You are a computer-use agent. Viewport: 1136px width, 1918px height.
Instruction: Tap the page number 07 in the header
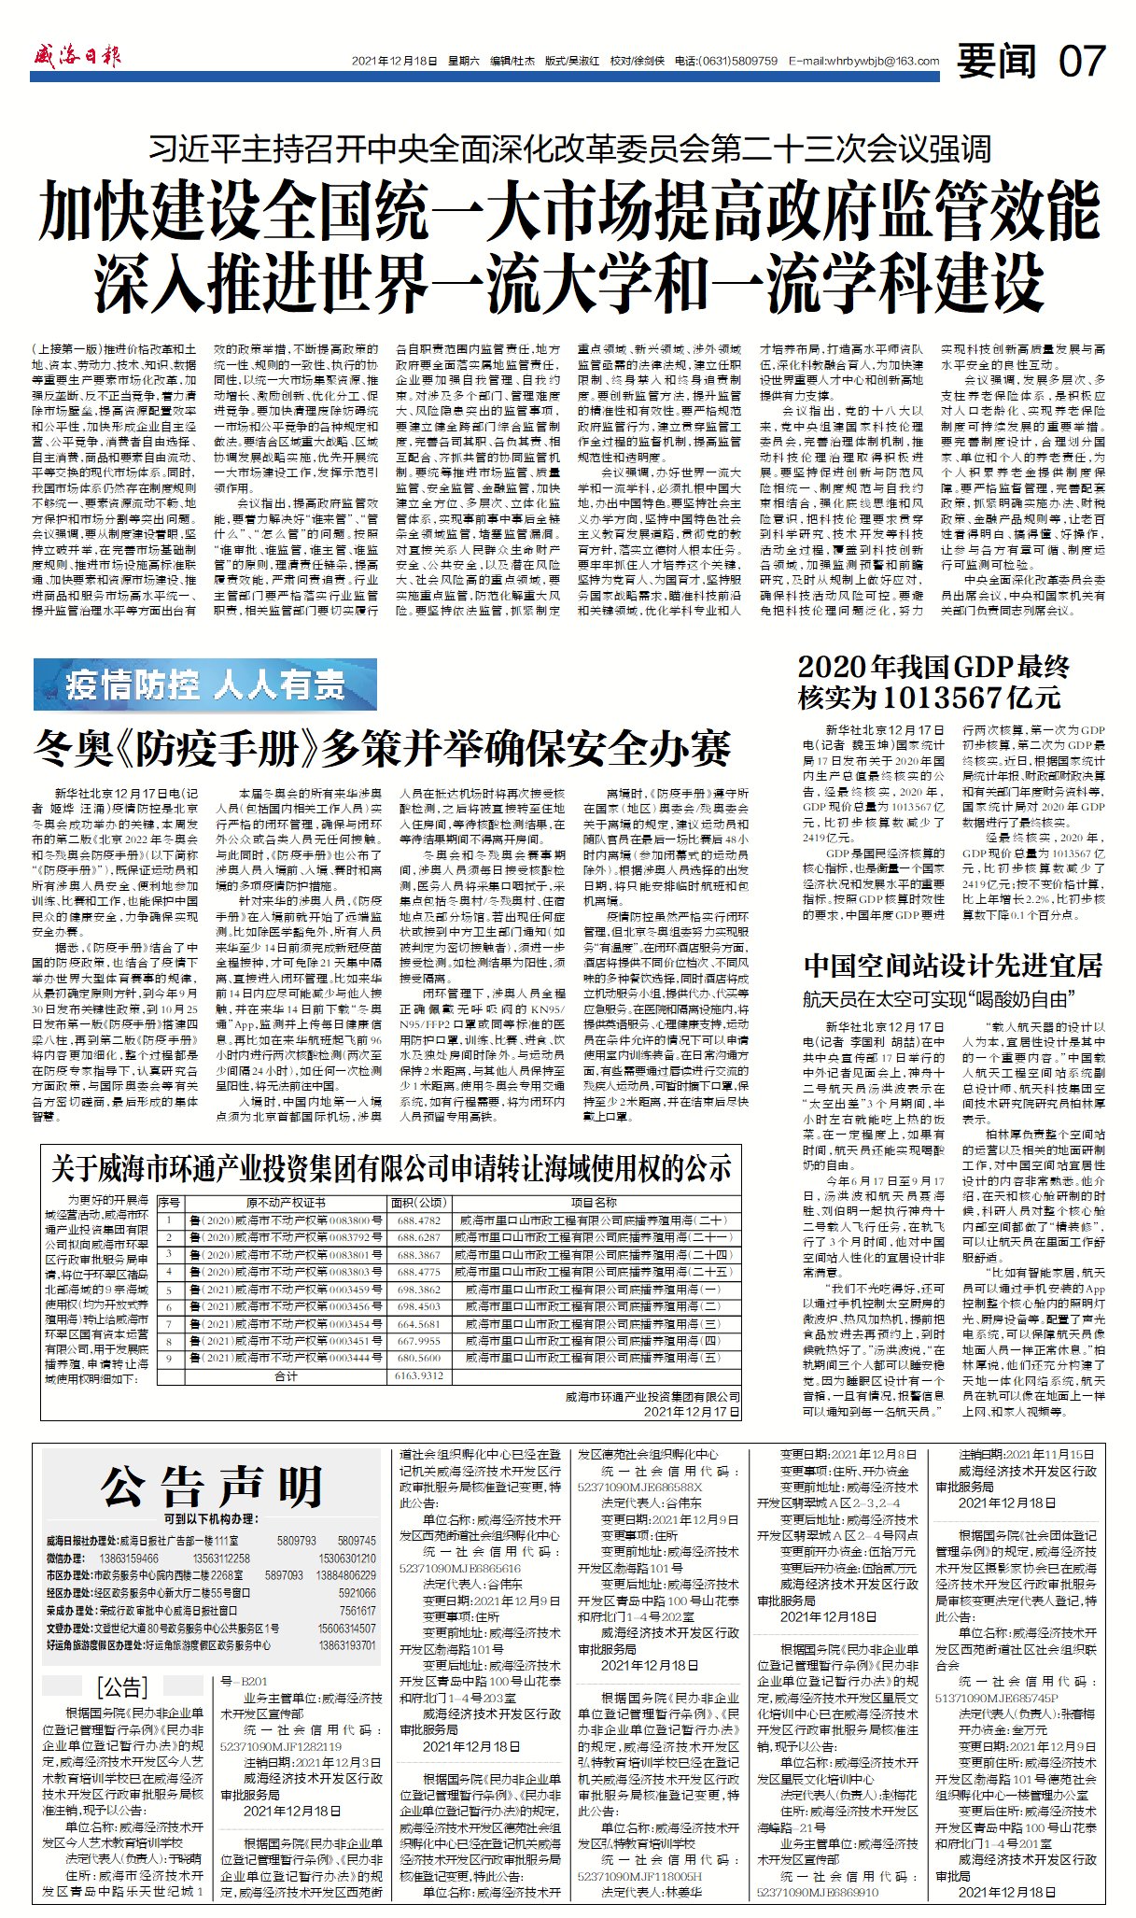pyautogui.click(x=1082, y=62)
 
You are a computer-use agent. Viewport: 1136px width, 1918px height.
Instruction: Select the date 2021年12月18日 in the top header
pyautogui.click(x=394, y=62)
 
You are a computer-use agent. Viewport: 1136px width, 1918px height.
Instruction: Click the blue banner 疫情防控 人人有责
pyautogui.click(x=205, y=684)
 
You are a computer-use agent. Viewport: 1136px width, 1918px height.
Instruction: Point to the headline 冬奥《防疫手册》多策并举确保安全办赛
pyautogui.click(x=382, y=748)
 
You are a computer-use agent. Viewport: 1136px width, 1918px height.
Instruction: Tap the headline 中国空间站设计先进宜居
pyautogui.click(x=952, y=964)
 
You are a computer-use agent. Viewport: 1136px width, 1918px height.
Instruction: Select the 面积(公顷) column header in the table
pyautogui.click(x=418, y=1202)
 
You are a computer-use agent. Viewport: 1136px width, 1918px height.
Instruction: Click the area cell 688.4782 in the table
pyautogui.click(x=418, y=1220)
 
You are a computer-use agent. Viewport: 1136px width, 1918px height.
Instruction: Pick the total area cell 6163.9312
pyautogui.click(x=418, y=1375)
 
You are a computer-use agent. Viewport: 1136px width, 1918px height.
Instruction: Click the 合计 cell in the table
pyautogui.click(x=286, y=1375)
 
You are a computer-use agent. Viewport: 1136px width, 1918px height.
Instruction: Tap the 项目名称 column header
pyautogui.click(x=594, y=1202)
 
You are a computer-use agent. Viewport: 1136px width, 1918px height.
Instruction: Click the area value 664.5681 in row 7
pyautogui.click(x=418, y=1323)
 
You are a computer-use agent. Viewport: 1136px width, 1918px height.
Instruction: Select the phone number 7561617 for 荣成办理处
pyautogui.click(x=357, y=1611)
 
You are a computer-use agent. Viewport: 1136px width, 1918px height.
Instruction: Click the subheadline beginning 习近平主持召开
pyautogui.click(x=570, y=148)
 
